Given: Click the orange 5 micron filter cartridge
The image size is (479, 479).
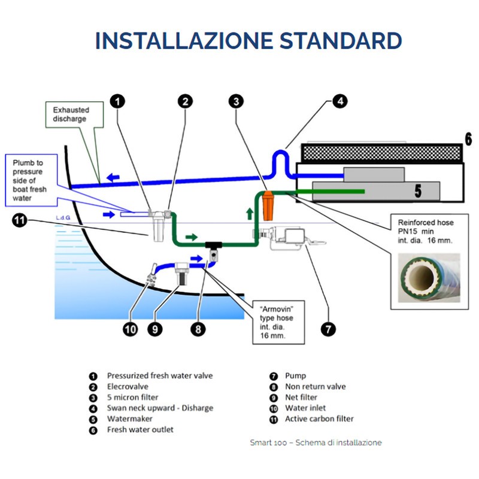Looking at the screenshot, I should point(268,204).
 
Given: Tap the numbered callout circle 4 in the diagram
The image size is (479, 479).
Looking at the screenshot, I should point(339,101).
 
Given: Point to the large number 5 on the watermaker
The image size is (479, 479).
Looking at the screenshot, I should point(419,191).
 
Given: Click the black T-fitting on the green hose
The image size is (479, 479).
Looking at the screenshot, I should point(213,245).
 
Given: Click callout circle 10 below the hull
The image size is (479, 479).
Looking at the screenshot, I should point(131,329).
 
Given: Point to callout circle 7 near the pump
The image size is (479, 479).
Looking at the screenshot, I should point(328,329).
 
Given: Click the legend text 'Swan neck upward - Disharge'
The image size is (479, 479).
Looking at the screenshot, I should point(160,408).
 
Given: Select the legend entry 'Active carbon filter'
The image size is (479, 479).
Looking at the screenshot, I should point(319,419).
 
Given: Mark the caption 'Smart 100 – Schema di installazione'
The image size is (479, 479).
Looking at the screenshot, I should point(316,442).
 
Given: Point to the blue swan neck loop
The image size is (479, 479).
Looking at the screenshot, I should point(280,160).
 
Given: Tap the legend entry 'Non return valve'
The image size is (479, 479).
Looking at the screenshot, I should point(316,386).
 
